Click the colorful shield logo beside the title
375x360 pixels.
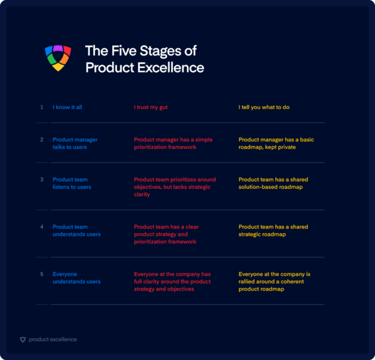pyautogui.click(x=57, y=58)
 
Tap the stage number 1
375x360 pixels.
pyautogui.click(x=42, y=107)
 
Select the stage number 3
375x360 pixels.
pyautogui.click(x=42, y=180)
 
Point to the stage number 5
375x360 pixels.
pyautogui.click(x=42, y=274)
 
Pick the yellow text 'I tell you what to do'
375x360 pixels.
pyautogui.click(x=264, y=107)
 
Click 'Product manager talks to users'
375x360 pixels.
pyautogui.click(x=74, y=143)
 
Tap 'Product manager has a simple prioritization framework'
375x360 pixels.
pyautogui.click(x=173, y=143)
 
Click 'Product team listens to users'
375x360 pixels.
pyautogui.click(x=72, y=184)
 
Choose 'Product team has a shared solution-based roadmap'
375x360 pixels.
pyautogui.click(x=273, y=184)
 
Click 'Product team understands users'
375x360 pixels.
pyautogui.click(x=77, y=231)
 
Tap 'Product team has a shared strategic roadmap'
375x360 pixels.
pyautogui.click(x=273, y=231)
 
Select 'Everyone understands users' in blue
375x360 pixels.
pyautogui.click(x=77, y=278)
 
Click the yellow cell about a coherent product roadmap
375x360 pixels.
pyautogui.click(x=274, y=281)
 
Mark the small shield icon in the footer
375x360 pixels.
pyautogui.click(x=22, y=340)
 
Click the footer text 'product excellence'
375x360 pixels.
pyautogui.click(x=53, y=340)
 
